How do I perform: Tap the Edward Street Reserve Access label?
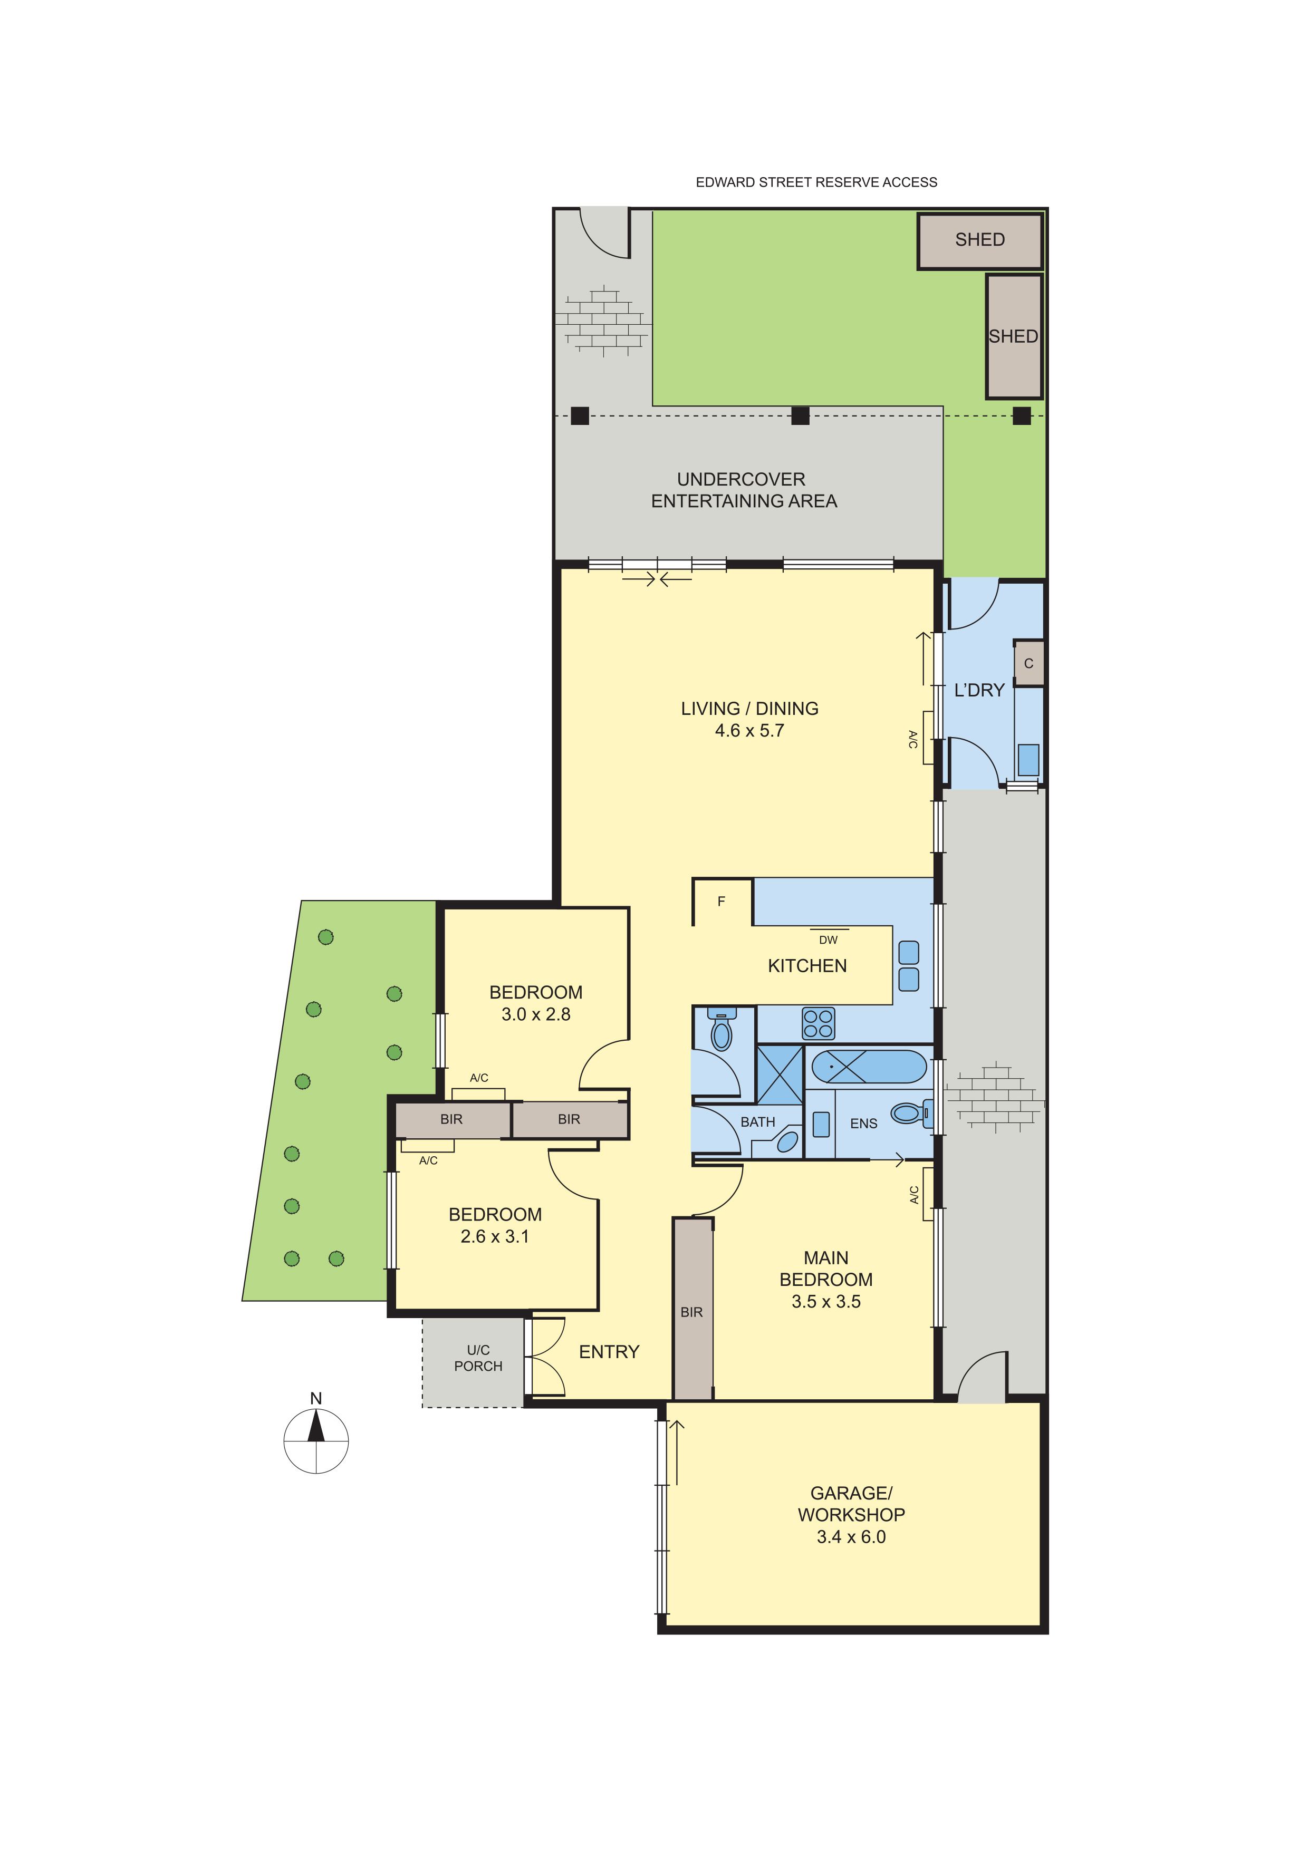click(816, 183)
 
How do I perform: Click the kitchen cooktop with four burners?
click(819, 1023)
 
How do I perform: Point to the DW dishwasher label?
click(828, 940)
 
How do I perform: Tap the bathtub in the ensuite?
click(869, 1067)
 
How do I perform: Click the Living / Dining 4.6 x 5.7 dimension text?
click(750, 731)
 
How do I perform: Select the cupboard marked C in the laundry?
click(1028, 664)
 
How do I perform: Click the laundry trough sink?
click(1028, 760)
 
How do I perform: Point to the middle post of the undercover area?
click(800, 415)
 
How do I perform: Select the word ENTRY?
click(609, 1352)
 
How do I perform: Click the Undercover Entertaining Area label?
click(744, 490)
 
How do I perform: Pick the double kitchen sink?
click(909, 965)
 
